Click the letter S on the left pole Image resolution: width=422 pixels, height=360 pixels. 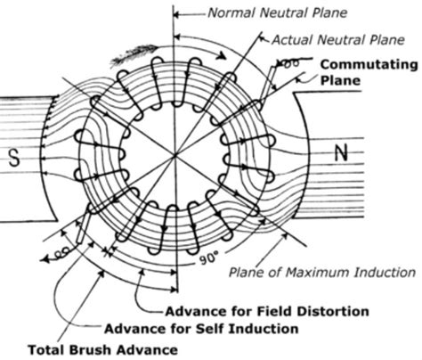coord(12,157)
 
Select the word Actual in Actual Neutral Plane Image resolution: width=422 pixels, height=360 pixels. coord(292,40)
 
